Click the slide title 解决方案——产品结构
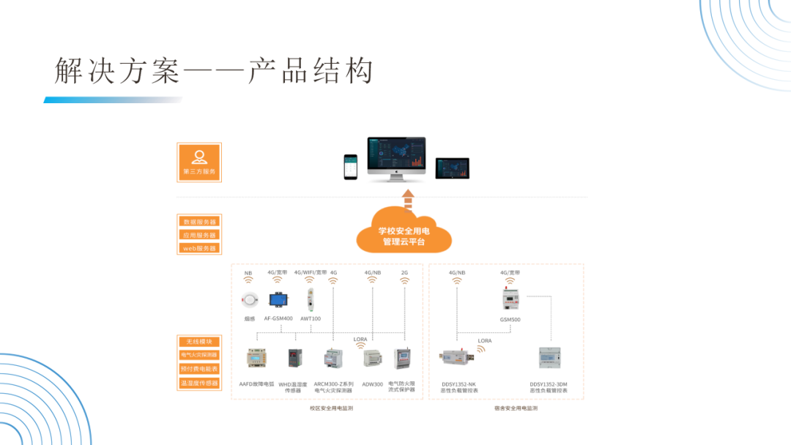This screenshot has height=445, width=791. click(x=214, y=71)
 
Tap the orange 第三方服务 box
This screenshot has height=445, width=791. click(x=199, y=162)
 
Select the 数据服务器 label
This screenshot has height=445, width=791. click(x=199, y=221)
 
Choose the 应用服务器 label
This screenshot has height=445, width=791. click(x=199, y=235)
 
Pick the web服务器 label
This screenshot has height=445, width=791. click(x=199, y=248)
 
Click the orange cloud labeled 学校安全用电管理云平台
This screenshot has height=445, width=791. click(x=404, y=233)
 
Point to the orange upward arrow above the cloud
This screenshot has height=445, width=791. click(x=408, y=198)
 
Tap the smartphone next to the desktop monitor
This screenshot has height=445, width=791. click(x=351, y=167)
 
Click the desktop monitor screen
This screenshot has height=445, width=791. click(x=396, y=154)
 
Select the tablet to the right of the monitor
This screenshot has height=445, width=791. click(x=452, y=168)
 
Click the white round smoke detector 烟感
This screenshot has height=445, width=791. click(x=250, y=299)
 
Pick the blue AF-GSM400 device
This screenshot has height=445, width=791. click(x=278, y=299)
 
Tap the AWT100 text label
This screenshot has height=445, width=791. click(x=311, y=318)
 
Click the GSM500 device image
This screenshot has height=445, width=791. click(x=510, y=298)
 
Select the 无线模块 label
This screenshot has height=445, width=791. click(x=199, y=341)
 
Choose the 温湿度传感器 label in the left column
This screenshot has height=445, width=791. click(x=199, y=383)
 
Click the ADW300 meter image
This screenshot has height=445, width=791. click(x=372, y=359)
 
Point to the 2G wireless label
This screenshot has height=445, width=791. click(x=404, y=272)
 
